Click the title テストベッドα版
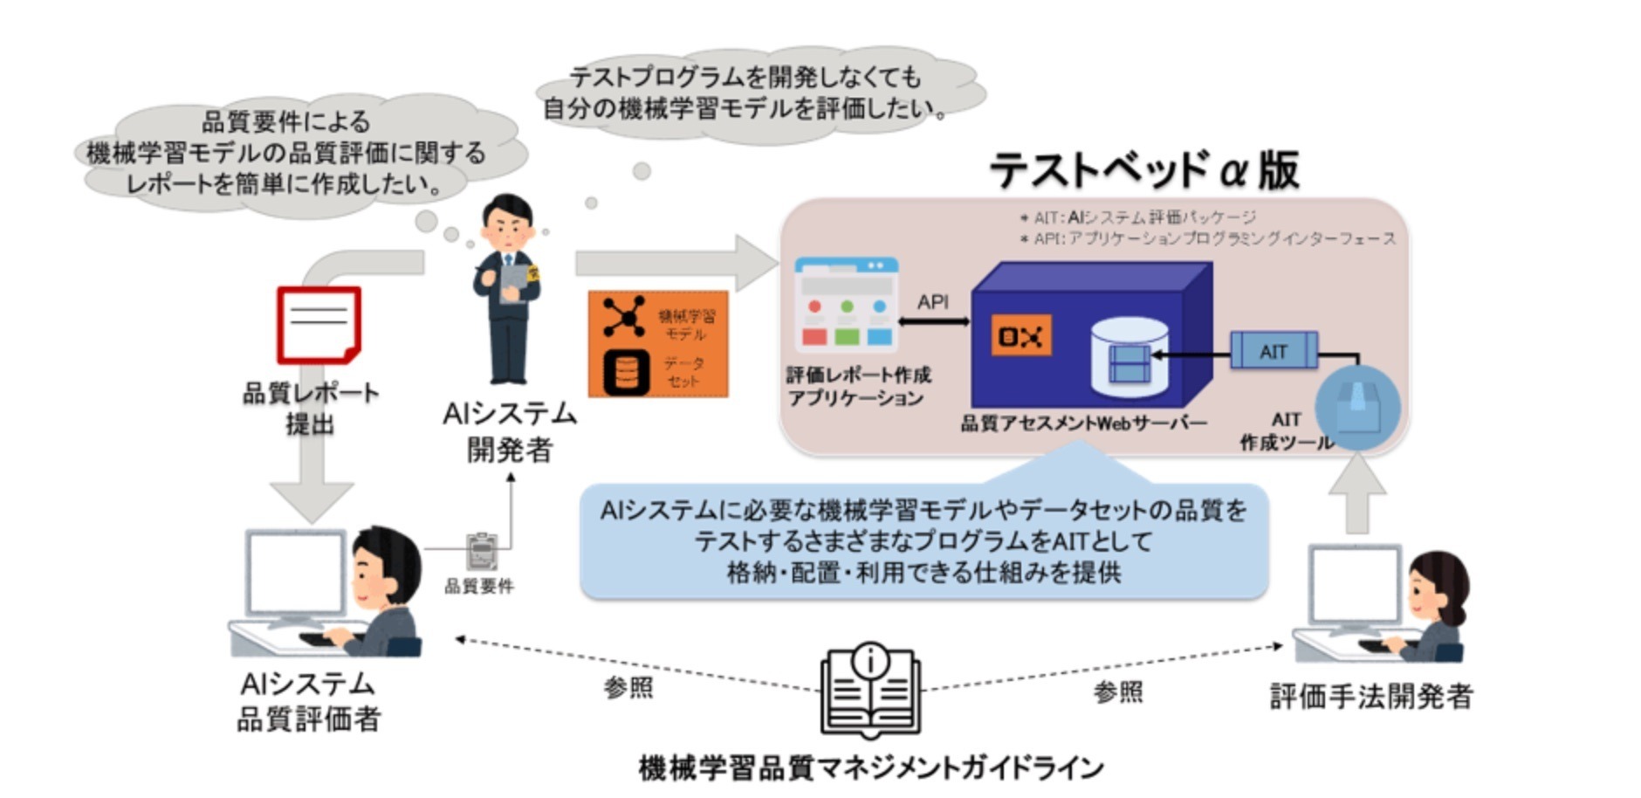(1144, 170)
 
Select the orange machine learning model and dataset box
(658, 344)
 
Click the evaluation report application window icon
(845, 305)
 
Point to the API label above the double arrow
(932, 302)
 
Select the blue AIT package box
(1273, 351)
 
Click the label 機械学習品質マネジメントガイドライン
(871, 768)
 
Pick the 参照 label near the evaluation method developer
(1117, 692)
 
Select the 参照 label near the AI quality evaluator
(628, 688)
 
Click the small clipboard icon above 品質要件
(481, 551)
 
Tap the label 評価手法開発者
(1370, 697)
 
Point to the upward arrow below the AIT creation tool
(1356, 494)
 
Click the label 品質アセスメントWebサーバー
(1083, 423)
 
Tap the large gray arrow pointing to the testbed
(672, 262)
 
